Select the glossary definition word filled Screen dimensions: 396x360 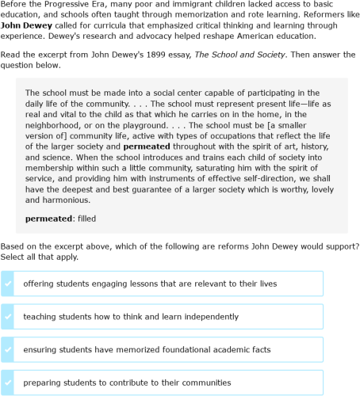85,218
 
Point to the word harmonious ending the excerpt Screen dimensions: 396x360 65,200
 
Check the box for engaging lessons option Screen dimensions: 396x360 8,284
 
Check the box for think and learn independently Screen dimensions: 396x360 8,316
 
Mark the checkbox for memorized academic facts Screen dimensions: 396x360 8,349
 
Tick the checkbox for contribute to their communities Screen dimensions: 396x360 8,383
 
